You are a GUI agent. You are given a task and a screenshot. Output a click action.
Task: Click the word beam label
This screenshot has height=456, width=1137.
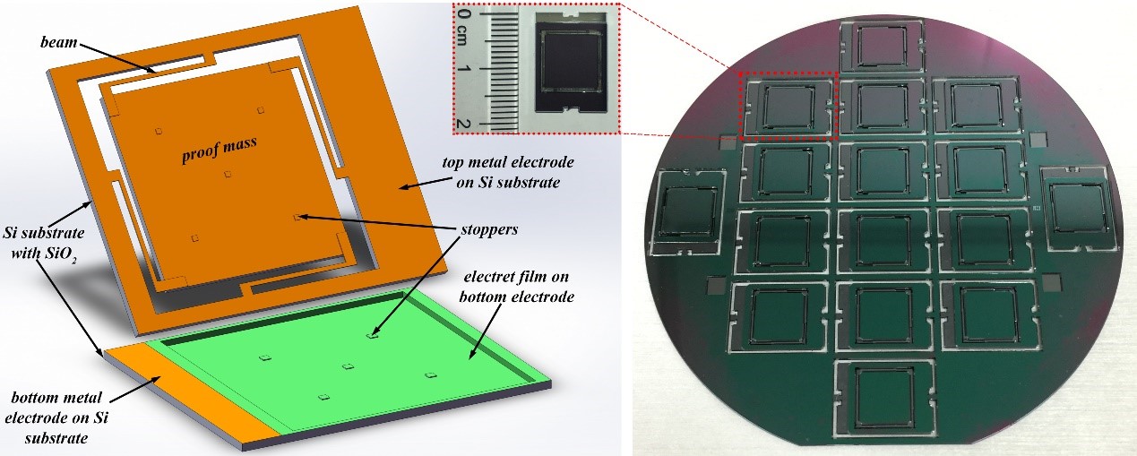(x=59, y=41)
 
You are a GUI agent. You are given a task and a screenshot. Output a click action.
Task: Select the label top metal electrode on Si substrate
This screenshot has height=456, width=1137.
(x=508, y=172)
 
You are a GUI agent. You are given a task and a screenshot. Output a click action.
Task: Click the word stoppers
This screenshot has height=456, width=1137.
(x=489, y=229)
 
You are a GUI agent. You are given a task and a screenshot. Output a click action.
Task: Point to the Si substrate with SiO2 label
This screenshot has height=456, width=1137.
(x=44, y=243)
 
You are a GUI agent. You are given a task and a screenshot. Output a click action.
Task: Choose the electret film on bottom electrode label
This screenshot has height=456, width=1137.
(x=516, y=287)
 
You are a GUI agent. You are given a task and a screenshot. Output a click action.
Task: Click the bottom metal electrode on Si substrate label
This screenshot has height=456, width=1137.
(x=56, y=417)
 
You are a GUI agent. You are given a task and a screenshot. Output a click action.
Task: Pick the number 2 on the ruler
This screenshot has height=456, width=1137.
(x=462, y=124)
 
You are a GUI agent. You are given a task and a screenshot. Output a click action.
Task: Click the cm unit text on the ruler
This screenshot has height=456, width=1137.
(x=462, y=36)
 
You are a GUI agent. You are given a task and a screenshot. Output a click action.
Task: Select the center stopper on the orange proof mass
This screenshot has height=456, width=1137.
(x=228, y=174)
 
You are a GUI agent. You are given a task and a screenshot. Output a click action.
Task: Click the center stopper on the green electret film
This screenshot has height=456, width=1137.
(x=349, y=366)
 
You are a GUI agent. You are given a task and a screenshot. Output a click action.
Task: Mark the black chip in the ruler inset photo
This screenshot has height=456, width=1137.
(x=571, y=62)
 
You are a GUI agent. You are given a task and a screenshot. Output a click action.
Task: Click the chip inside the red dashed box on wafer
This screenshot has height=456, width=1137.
(x=788, y=106)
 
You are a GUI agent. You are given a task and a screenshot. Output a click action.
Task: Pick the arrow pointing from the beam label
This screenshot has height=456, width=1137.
(x=116, y=58)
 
